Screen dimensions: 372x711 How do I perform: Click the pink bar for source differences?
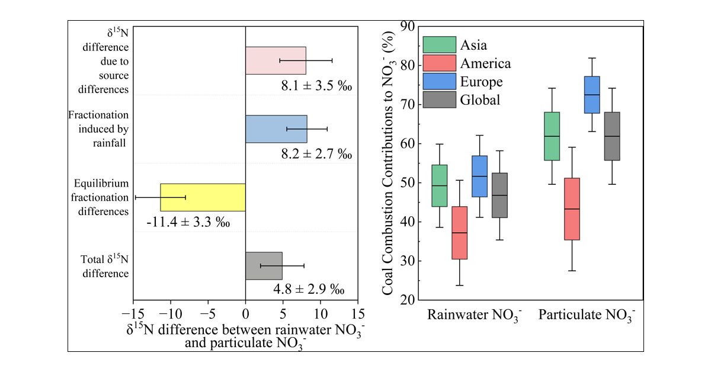pos(276,60)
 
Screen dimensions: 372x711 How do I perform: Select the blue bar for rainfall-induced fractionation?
pos(276,129)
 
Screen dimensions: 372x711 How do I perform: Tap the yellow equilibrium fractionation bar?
pos(203,197)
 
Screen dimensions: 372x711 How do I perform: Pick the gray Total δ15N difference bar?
pos(264,266)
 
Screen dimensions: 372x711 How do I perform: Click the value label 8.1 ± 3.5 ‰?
pos(316,86)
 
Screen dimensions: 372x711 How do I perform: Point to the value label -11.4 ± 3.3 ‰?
pos(188,223)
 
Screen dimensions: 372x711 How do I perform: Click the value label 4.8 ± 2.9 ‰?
pos(308,291)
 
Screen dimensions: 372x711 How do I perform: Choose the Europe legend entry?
pos(481,82)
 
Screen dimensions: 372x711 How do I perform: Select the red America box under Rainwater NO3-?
pos(459,232)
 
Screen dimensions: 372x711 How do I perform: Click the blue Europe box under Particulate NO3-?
pos(592,95)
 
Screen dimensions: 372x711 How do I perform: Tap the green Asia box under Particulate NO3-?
pos(552,136)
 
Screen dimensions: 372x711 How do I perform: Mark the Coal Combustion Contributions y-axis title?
pos(389,163)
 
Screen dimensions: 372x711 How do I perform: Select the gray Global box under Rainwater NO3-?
pos(500,195)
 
